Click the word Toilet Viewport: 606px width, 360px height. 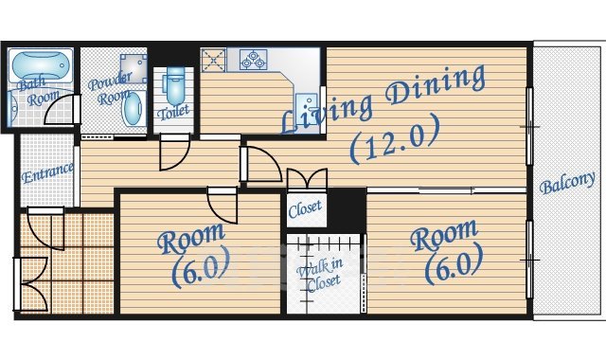tap(173, 111)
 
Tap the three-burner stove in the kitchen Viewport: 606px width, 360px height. tap(254, 61)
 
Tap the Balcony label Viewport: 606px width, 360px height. tap(567, 182)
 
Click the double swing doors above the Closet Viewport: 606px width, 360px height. tap(305, 180)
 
